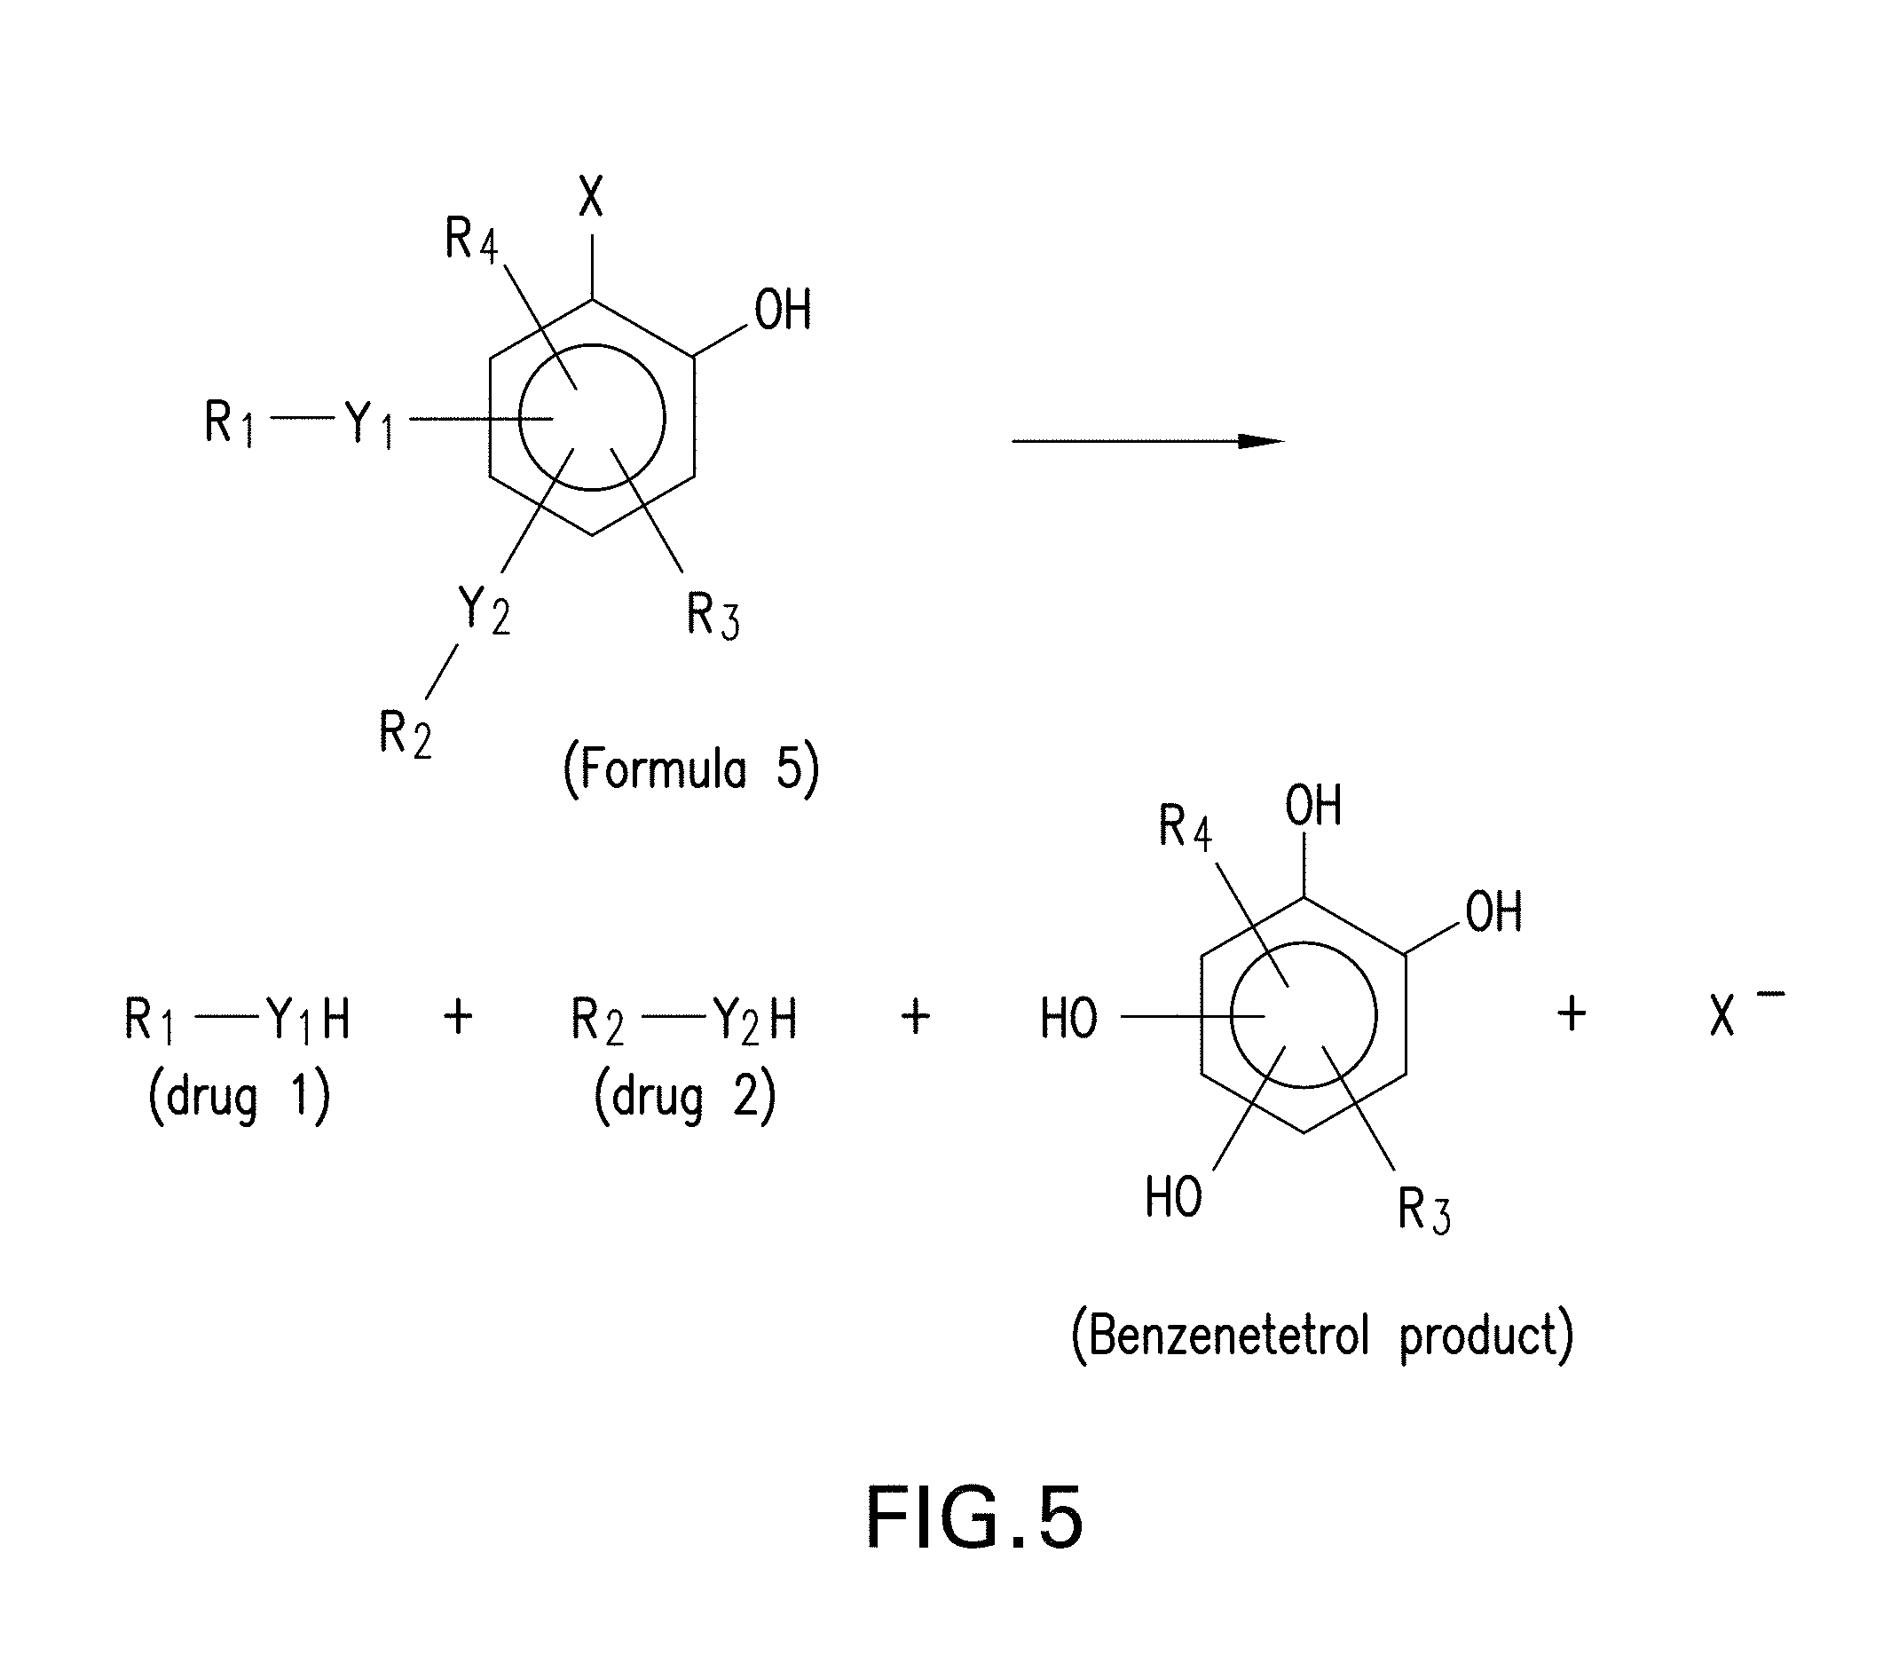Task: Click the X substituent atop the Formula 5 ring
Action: (591, 196)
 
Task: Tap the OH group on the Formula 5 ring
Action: (783, 310)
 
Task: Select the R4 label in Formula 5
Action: (471, 239)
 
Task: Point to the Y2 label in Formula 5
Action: (484, 611)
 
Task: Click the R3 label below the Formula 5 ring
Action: (713, 615)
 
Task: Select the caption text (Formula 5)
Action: (691, 770)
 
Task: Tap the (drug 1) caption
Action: (239, 1099)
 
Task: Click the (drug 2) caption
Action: (684, 1099)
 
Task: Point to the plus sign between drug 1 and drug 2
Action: (458, 1017)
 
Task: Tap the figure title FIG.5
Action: (974, 1517)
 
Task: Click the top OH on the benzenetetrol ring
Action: (1312, 806)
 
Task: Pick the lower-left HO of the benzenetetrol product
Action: (1173, 1197)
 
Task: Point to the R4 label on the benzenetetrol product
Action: (1184, 826)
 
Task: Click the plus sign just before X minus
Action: (1571, 1013)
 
